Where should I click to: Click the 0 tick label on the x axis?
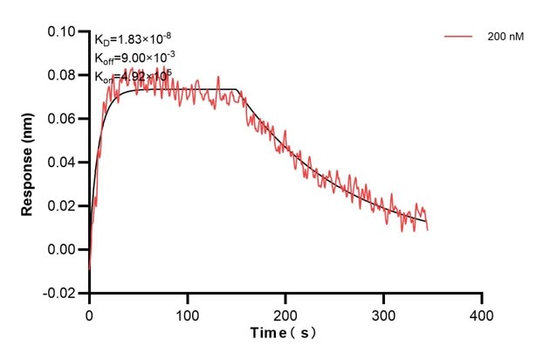pyautogui.click(x=89, y=313)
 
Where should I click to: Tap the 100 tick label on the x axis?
pyautogui.click(x=187, y=313)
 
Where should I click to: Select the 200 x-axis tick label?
pyautogui.click(x=285, y=313)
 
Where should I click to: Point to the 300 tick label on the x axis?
pyautogui.click(x=384, y=313)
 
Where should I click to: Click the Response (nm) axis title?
pyautogui.click(x=28, y=163)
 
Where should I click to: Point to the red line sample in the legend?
pyautogui.click(x=458, y=38)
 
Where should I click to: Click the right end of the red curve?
pyautogui.click(x=428, y=229)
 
